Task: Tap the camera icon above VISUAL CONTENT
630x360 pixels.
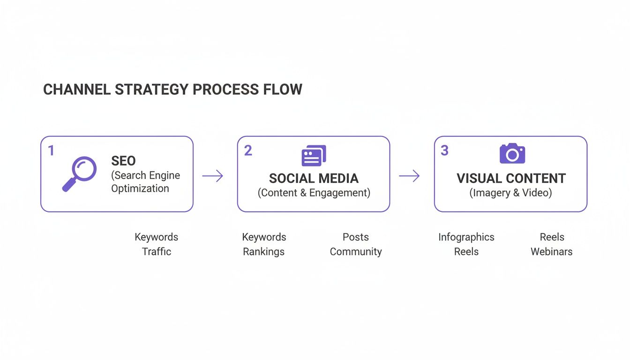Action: click(512, 154)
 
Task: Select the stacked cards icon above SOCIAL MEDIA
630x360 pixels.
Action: click(314, 156)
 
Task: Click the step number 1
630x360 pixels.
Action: click(51, 150)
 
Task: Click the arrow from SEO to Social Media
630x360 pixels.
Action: click(213, 176)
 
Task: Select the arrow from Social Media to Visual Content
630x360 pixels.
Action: click(409, 176)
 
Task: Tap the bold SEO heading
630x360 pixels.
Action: click(123, 161)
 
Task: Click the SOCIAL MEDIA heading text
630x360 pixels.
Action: click(314, 178)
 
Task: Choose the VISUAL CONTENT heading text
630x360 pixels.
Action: click(511, 178)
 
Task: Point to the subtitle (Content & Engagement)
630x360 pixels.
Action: click(314, 193)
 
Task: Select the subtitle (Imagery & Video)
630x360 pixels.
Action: click(510, 193)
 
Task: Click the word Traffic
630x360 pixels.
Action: click(157, 252)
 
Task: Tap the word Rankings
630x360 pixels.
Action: click(263, 252)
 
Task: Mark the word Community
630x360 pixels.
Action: click(356, 252)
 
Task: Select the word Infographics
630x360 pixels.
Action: click(466, 237)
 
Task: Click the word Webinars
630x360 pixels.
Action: click(551, 252)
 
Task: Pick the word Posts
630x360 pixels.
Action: click(356, 237)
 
